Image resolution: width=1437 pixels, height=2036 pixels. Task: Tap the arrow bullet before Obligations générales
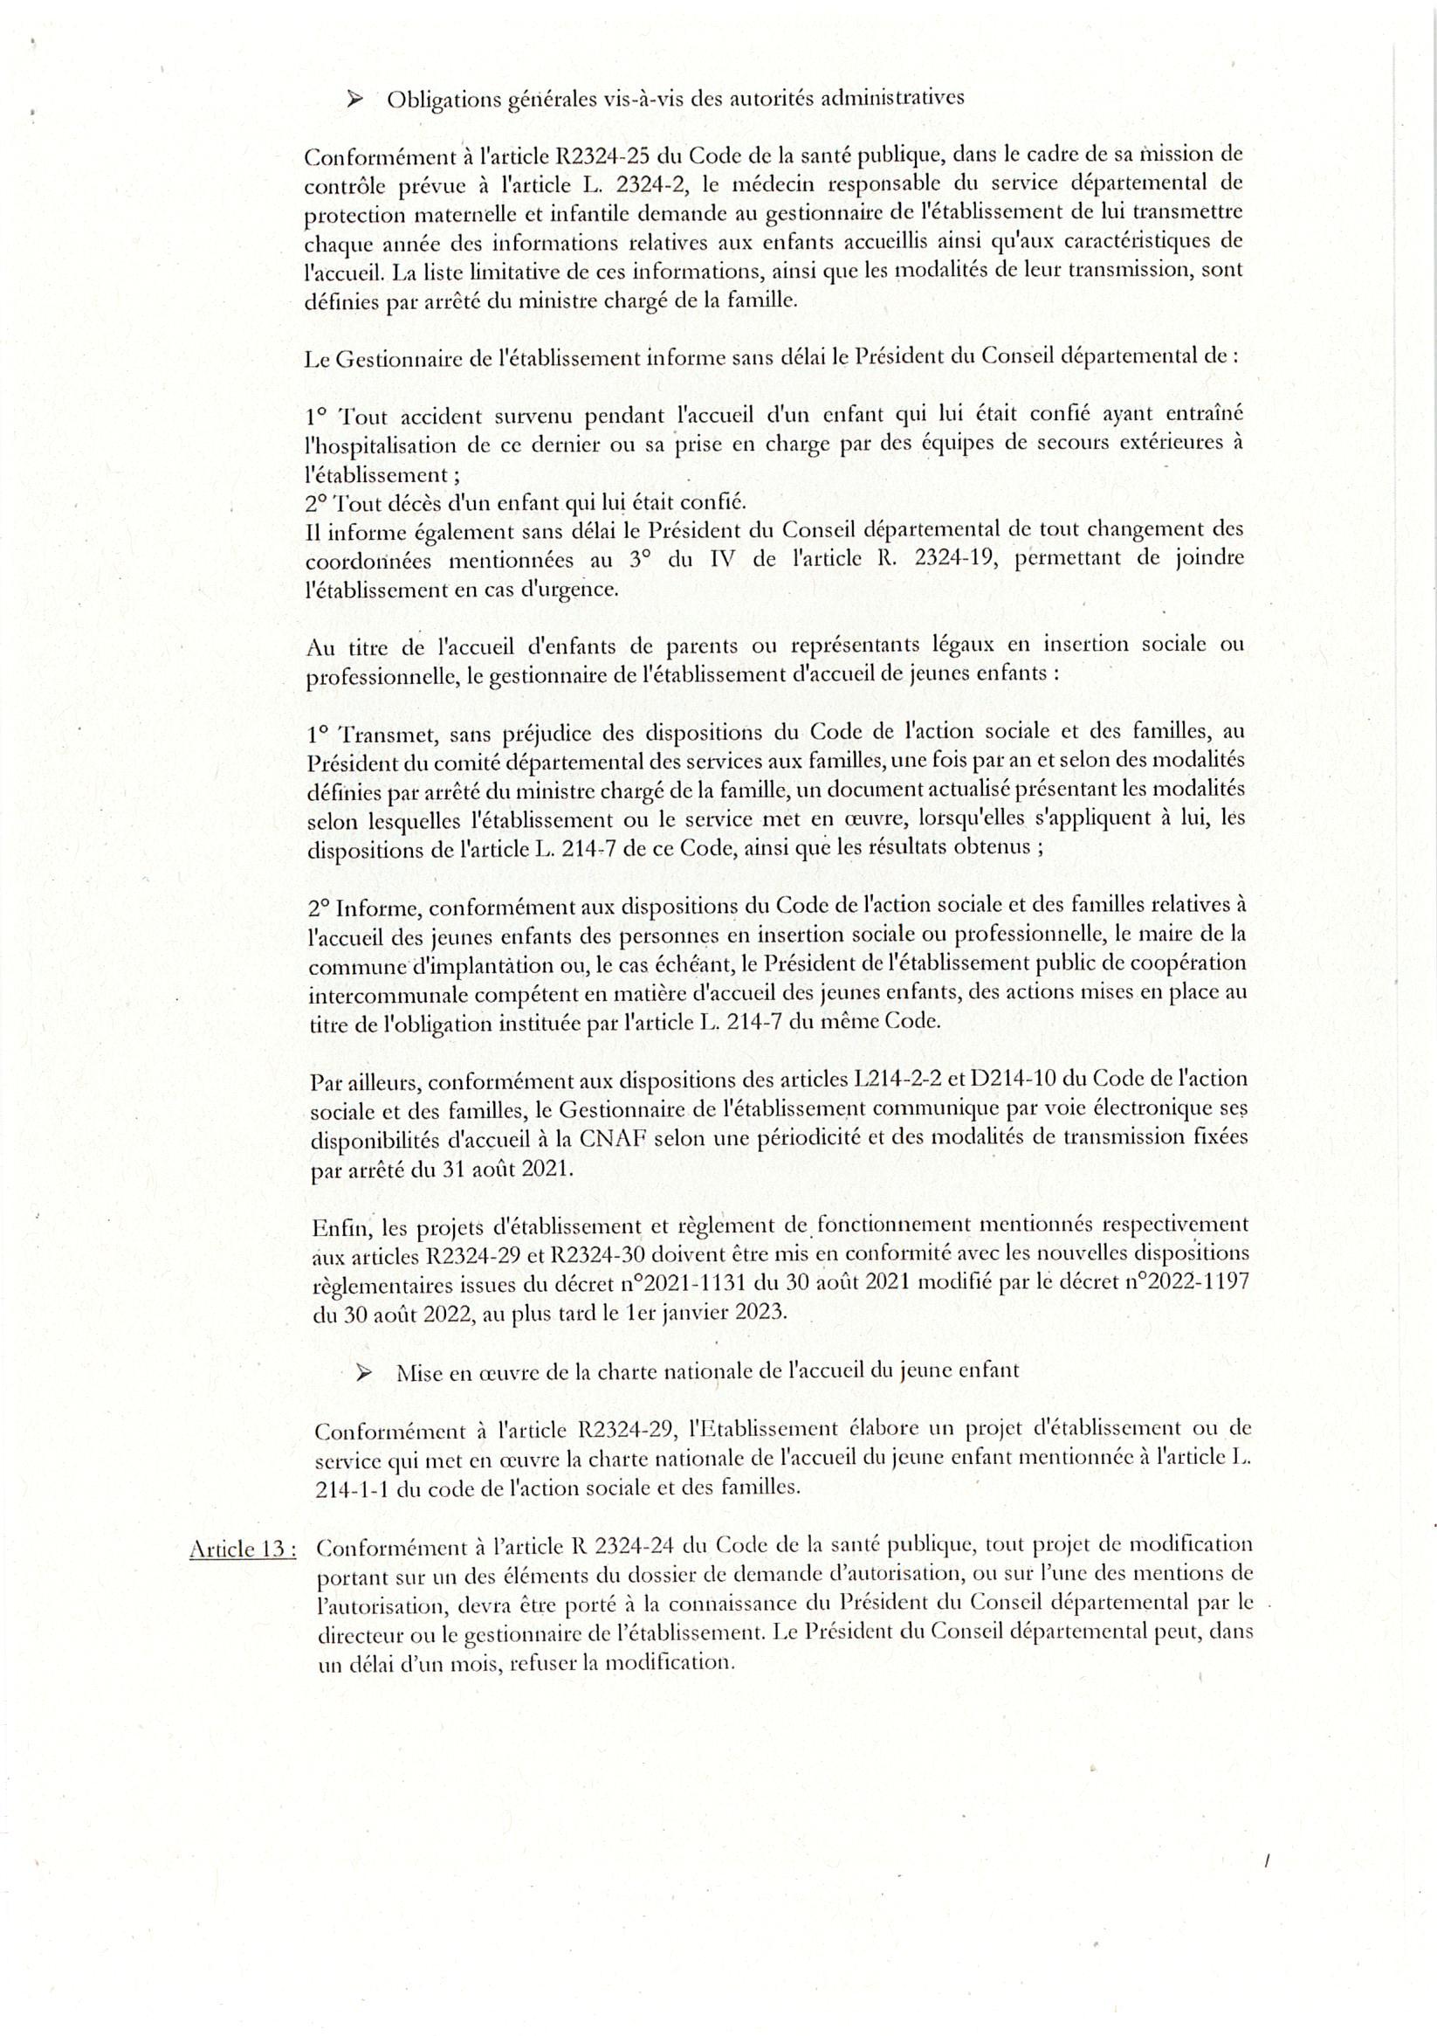pyautogui.click(x=356, y=100)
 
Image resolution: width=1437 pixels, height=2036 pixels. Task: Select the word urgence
pyautogui.click(x=576, y=590)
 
